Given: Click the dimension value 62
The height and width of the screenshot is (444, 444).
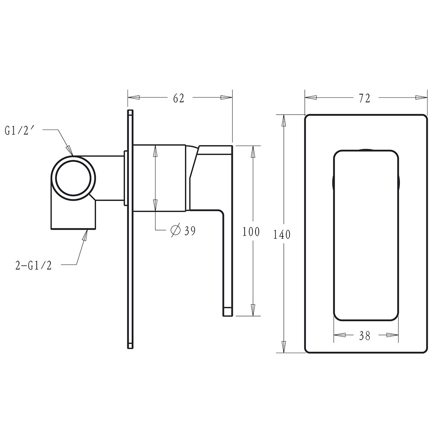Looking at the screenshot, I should pos(179,98).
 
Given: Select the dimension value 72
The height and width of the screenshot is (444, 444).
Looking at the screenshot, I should pos(364,98).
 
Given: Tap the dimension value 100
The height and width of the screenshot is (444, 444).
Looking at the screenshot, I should pos(251,232).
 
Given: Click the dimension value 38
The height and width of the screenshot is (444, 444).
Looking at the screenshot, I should pos(364,335).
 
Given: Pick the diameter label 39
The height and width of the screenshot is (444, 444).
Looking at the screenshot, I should pos(190,231).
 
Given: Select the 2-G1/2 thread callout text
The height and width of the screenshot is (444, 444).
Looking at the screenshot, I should pos(34,266).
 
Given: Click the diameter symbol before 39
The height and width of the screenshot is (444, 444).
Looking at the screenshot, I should pos(176,230).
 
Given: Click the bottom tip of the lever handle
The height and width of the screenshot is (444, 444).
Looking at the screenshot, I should pos(228,312).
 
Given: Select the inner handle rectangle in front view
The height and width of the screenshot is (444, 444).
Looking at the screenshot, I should pos(366,236).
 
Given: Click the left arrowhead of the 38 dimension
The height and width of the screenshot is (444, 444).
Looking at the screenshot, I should pos(339,335).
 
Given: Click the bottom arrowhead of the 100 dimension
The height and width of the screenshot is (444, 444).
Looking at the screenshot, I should pos(253,310).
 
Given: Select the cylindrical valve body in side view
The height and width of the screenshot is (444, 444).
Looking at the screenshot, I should pos(159,178).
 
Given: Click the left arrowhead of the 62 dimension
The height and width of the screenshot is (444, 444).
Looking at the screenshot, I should pos(134,98).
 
